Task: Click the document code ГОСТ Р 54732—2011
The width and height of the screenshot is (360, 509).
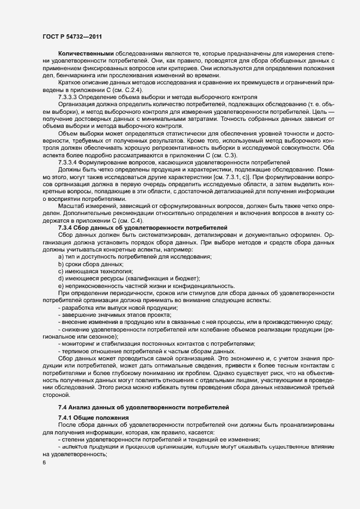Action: pyautogui.click(x=73, y=36)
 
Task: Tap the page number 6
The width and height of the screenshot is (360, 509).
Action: pyautogui.click(x=44, y=463)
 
